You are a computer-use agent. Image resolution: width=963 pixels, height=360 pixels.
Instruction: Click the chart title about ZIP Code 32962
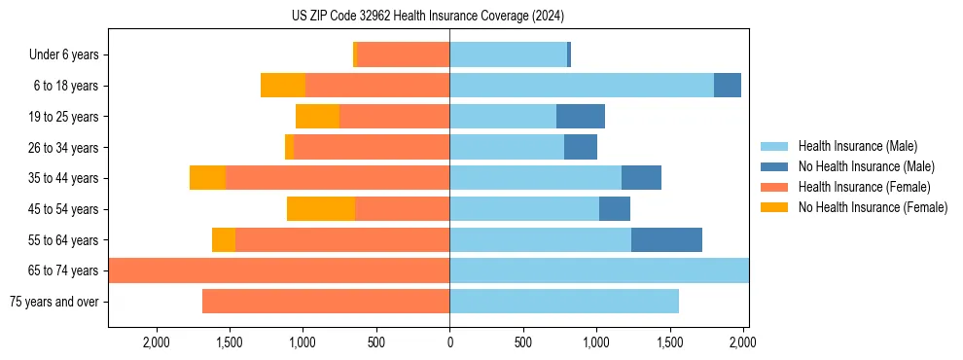pos(428,16)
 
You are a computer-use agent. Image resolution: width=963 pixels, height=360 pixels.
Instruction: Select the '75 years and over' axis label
pos(53,302)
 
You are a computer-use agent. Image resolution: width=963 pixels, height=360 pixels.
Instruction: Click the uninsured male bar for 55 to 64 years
pos(666,239)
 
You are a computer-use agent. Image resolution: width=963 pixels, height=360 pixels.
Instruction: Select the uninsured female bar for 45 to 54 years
pos(321,208)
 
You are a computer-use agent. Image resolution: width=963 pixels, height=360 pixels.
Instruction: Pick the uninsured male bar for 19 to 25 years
pos(581,117)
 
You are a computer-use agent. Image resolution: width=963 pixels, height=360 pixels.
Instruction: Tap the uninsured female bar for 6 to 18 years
pos(283,86)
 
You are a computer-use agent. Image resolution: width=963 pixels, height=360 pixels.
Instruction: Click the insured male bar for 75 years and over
pos(564,302)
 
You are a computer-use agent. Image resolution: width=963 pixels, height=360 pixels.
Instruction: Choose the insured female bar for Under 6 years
pos(403,54)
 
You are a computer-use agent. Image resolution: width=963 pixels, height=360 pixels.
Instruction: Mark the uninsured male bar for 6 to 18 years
pos(728,86)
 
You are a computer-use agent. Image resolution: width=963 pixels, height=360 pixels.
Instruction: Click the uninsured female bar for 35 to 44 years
pos(207,178)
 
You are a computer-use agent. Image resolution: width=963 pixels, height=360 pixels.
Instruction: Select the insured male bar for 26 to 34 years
pos(507,147)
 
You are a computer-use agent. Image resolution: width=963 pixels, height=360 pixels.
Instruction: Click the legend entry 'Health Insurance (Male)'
pos(857,146)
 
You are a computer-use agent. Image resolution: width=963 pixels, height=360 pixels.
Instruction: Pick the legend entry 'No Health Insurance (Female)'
pos(873,207)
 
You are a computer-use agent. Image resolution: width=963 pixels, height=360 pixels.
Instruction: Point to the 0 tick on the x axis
pos(449,342)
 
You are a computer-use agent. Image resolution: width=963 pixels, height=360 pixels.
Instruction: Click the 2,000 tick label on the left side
pos(156,342)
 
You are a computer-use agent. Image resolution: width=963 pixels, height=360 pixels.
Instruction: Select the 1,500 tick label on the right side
pos(669,342)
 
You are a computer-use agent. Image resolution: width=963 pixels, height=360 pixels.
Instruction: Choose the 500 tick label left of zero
pos(376,342)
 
